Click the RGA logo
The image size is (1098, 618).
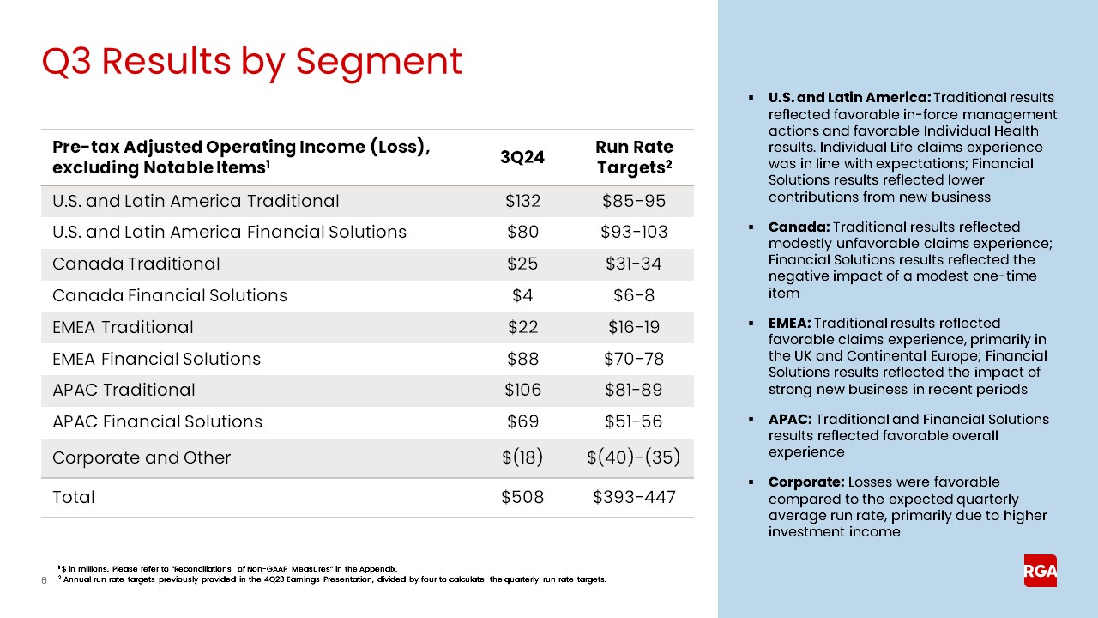coord(1040,571)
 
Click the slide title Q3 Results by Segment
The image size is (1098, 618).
coord(252,61)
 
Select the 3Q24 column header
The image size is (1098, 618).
coord(522,157)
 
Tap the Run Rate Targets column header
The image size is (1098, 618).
coord(634,157)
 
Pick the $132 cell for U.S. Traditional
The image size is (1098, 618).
coord(522,201)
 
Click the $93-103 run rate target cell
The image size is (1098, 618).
coord(634,232)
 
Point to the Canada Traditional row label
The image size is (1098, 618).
coord(136,264)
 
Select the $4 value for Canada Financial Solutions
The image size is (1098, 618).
coord(522,295)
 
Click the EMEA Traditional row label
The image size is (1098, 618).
coord(123,327)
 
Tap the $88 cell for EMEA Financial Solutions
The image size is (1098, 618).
coord(522,359)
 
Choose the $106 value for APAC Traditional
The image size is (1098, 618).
coord(522,390)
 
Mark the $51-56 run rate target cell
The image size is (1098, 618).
coord(634,421)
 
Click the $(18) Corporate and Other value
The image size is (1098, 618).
coord(522,457)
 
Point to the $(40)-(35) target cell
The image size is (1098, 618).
coord(634,457)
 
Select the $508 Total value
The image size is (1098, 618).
coord(522,497)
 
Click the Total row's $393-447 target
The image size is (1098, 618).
coord(634,497)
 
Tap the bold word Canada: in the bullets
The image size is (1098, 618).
coord(799,227)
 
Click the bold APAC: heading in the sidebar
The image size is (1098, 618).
coord(790,420)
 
